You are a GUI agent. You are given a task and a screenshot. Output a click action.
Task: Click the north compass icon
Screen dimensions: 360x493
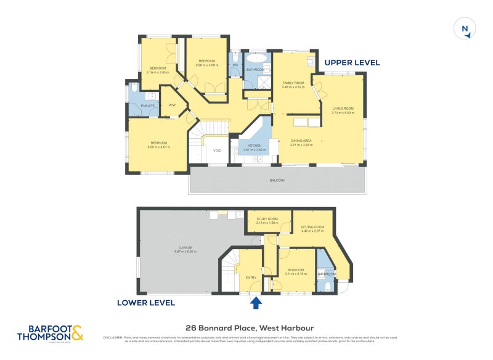(x=465, y=28)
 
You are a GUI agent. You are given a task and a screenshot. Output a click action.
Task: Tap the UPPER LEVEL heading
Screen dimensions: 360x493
(x=352, y=62)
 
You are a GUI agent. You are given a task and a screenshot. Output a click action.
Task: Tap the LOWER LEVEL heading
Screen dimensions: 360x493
(x=146, y=303)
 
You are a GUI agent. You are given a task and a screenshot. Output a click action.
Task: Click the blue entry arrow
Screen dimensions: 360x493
(x=256, y=301)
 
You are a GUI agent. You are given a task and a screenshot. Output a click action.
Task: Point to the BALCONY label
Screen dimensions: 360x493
(x=277, y=180)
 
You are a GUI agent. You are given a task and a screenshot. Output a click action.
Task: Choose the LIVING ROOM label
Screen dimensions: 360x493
(x=343, y=108)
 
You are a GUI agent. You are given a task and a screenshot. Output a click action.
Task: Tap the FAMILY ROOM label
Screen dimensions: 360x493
(x=293, y=83)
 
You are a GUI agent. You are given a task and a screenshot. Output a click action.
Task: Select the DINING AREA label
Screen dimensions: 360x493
(x=301, y=141)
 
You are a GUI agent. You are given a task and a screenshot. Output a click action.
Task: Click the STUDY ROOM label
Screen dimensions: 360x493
(x=267, y=218)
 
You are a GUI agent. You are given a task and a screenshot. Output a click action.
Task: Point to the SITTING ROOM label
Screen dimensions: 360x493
(x=312, y=227)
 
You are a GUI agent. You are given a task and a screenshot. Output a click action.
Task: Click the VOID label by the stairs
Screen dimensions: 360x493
(x=217, y=150)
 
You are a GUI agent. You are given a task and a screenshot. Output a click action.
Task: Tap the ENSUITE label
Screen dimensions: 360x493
(x=147, y=106)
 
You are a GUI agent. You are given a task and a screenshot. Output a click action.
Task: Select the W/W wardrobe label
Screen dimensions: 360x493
(x=172, y=105)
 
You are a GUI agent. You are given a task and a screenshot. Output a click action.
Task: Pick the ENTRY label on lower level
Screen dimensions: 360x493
(x=251, y=277)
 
